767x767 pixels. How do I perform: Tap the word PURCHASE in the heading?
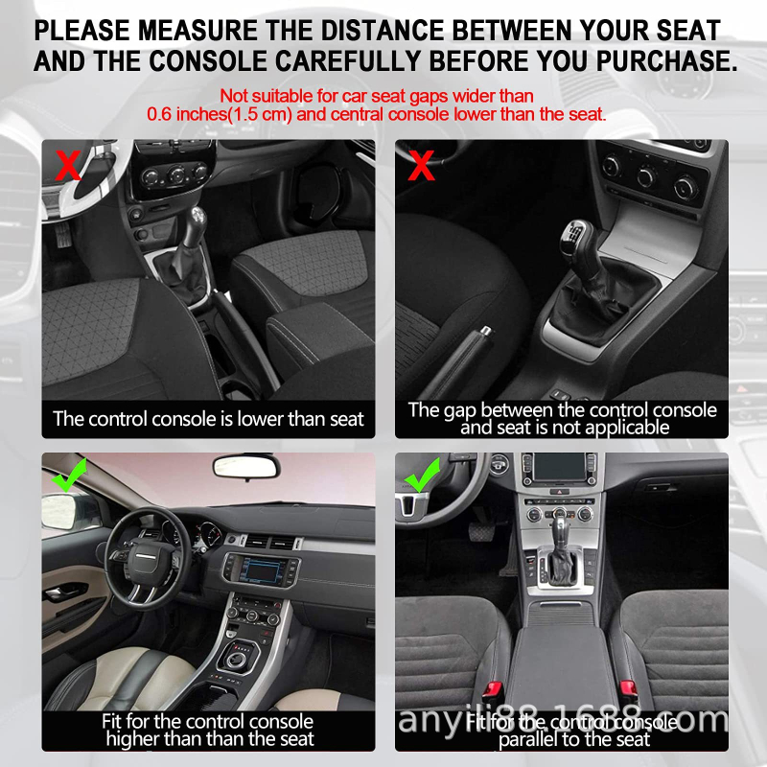(666, 61)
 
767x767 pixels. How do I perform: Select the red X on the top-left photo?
(68, 165)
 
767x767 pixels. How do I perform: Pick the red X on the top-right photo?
(421, 165)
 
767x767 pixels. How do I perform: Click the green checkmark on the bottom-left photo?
(69, 475)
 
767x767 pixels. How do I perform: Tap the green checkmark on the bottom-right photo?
(422, 475)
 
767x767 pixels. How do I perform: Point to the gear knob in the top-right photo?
(576, 240)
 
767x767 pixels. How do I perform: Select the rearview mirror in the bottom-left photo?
(246, 467)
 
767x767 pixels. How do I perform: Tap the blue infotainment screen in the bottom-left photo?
(262, 570)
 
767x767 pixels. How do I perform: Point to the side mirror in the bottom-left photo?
(59, 512)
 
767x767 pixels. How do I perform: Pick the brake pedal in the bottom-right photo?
(482, 531)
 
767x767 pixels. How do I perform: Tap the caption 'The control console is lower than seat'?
(208, 419)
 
